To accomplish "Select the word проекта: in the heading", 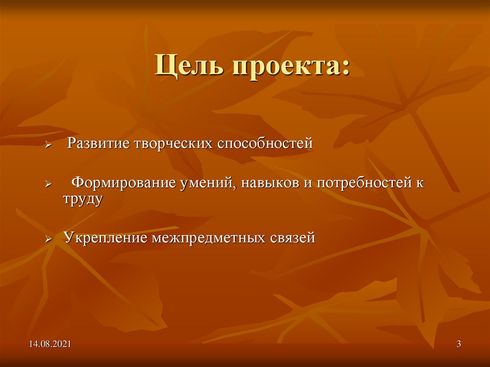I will (x=291, y=67).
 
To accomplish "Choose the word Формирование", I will (x=122, y=183).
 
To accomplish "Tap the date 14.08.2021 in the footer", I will (x=50, y=344).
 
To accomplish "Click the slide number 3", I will (x=458, y=344).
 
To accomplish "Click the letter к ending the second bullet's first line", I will (x=421, y=184).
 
